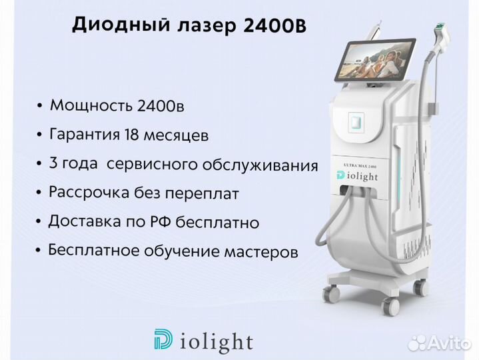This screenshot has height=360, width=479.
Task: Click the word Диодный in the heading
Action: click(x=121, y=24)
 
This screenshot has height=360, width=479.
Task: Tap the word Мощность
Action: click(x=91, y=105)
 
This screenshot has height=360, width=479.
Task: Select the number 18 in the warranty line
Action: click(x=131, y=134)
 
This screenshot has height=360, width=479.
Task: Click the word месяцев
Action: click(x=177, y=135)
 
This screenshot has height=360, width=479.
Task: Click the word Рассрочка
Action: click(x=89, y=193)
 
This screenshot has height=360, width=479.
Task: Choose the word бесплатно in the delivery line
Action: click(x=217, y=221)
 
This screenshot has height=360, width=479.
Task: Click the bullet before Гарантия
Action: click(x=39, y=135)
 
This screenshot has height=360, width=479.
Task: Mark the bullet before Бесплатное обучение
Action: click(x=38, y=250)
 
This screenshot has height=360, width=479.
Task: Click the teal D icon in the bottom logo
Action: click(x=163, y=339)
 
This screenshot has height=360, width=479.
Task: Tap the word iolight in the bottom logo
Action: click(x=215, y=341)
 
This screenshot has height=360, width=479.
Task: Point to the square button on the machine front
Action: click(x=356, y=122)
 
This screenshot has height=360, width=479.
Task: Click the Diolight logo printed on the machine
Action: click(x=357, y=176)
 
